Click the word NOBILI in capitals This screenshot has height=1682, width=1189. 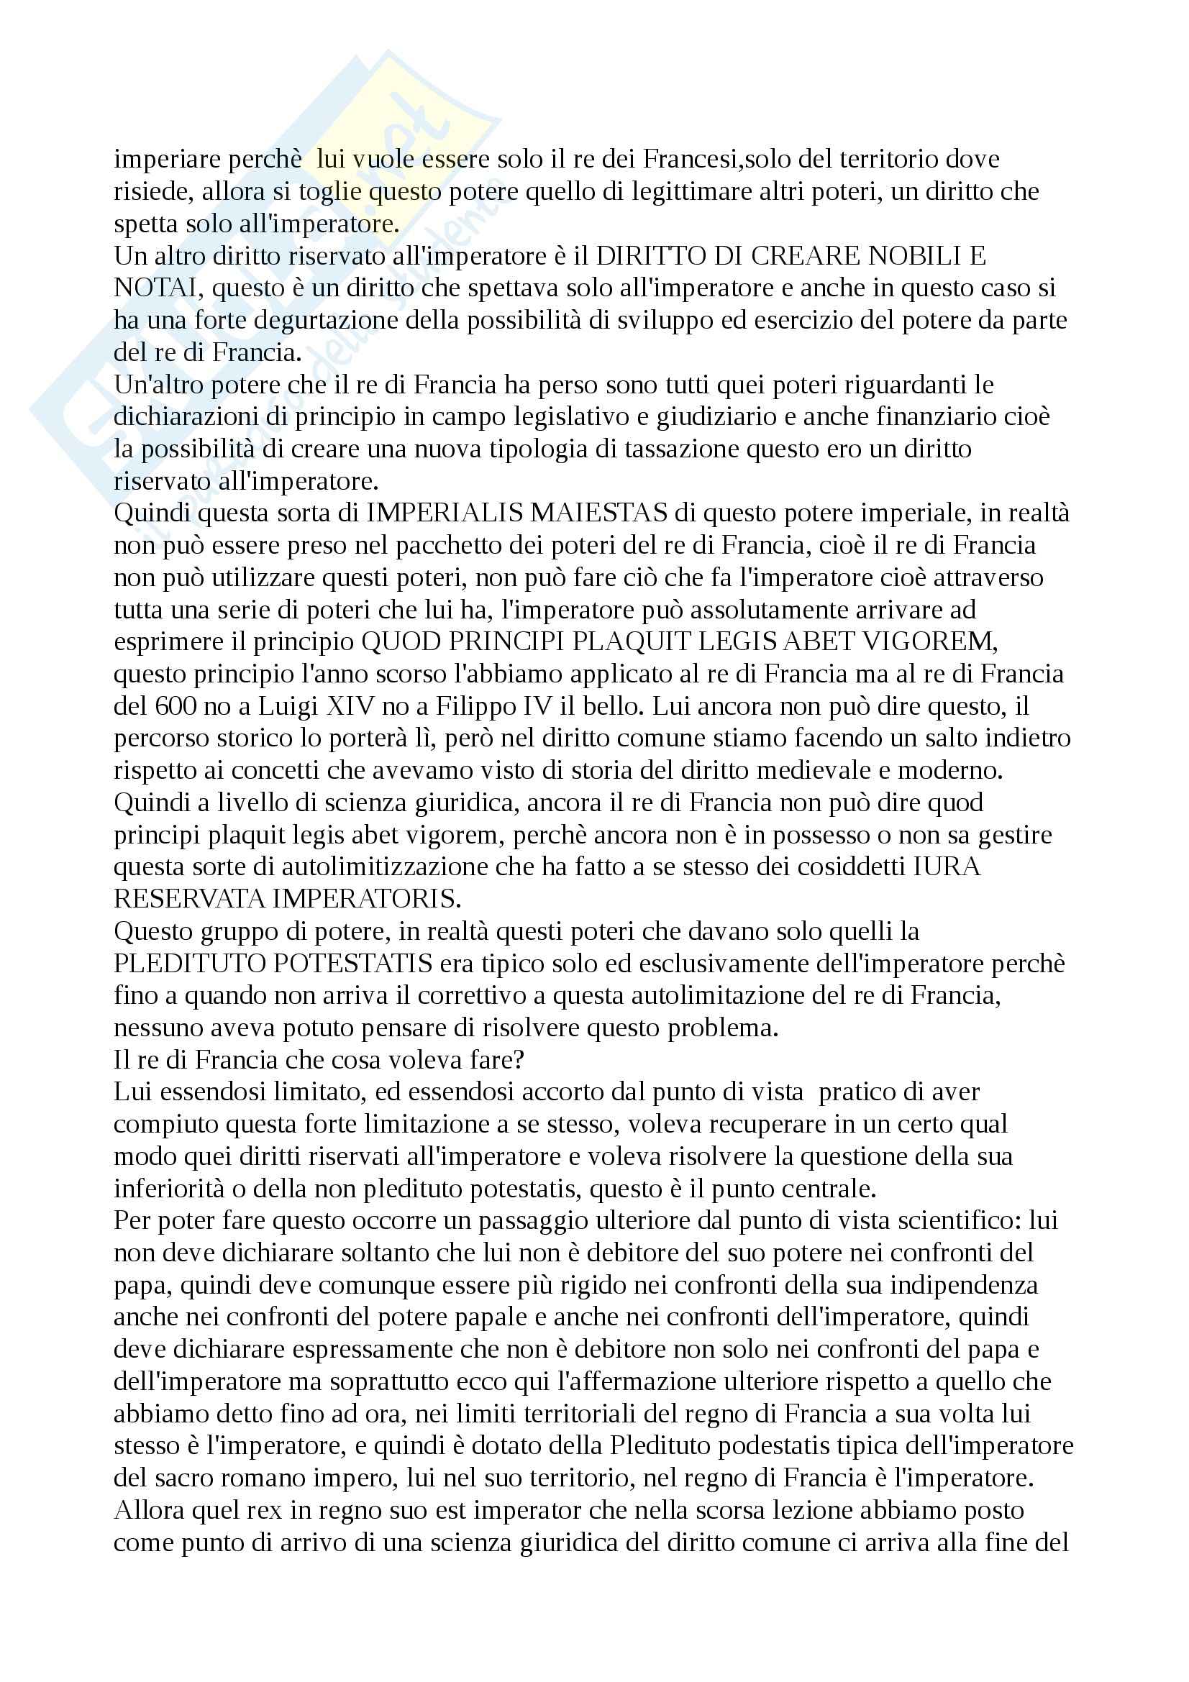point(914,256)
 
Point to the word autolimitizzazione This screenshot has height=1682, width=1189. point(393,867)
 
